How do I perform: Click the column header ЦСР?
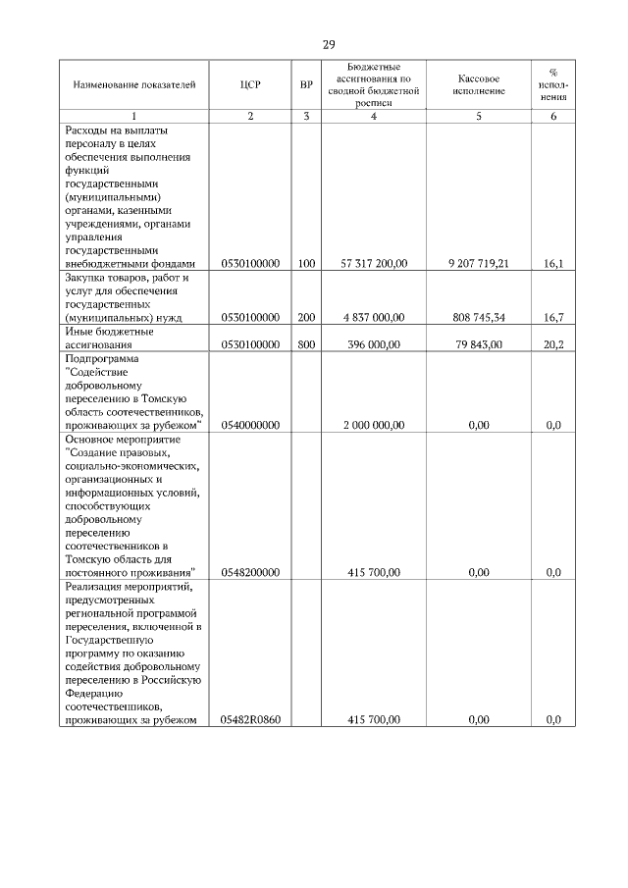click(x=250, y=85)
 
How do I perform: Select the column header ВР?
click(x=306, y=85)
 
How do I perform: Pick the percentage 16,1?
click(x=553, y=264)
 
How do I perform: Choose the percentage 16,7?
click(x=553, y=318)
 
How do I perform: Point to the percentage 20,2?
click(x=553, y=345)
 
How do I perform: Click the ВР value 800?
click(x=306, y=345)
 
